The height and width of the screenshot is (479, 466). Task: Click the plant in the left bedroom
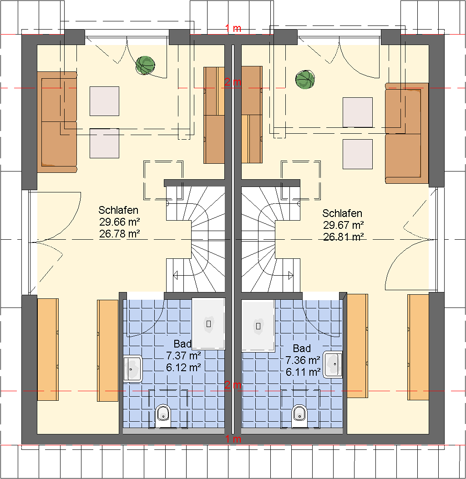145,65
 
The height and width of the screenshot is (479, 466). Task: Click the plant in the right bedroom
305,80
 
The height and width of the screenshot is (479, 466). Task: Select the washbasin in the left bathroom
132,368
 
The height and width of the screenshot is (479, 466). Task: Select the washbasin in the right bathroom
333,364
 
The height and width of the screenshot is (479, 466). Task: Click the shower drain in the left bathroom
209,323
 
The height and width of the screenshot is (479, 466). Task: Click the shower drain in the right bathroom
258,326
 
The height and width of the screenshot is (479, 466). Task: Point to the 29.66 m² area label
120,222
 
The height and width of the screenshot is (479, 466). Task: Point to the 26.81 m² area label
344,237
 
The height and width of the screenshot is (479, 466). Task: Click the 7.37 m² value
183,356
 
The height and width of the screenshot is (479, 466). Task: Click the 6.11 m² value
303,372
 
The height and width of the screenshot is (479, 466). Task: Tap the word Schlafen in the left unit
118,210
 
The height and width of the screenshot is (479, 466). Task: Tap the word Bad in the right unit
302,348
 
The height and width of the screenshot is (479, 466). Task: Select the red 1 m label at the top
233,28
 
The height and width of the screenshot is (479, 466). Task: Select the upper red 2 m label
233,82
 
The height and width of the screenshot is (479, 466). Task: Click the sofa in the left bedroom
57,122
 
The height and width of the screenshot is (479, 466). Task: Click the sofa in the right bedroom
407,133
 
